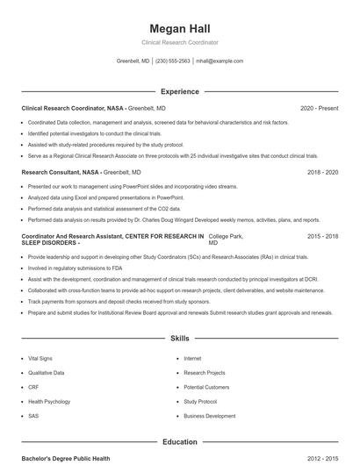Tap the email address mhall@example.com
(220, 61)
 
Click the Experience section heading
(179, 91)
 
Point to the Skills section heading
(179, 338)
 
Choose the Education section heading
(179, 442)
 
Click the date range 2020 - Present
(319, 108)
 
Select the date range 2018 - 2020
(322, 173)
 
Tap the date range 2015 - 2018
(322, 237)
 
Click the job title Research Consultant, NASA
(61, 173)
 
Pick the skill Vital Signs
(40, 359)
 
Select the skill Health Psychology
(48, 401)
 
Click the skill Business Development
(209, 415)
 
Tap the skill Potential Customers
(206, 387)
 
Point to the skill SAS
(33, 415)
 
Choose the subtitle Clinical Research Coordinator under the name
(179, 42)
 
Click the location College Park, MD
(225, 240)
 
